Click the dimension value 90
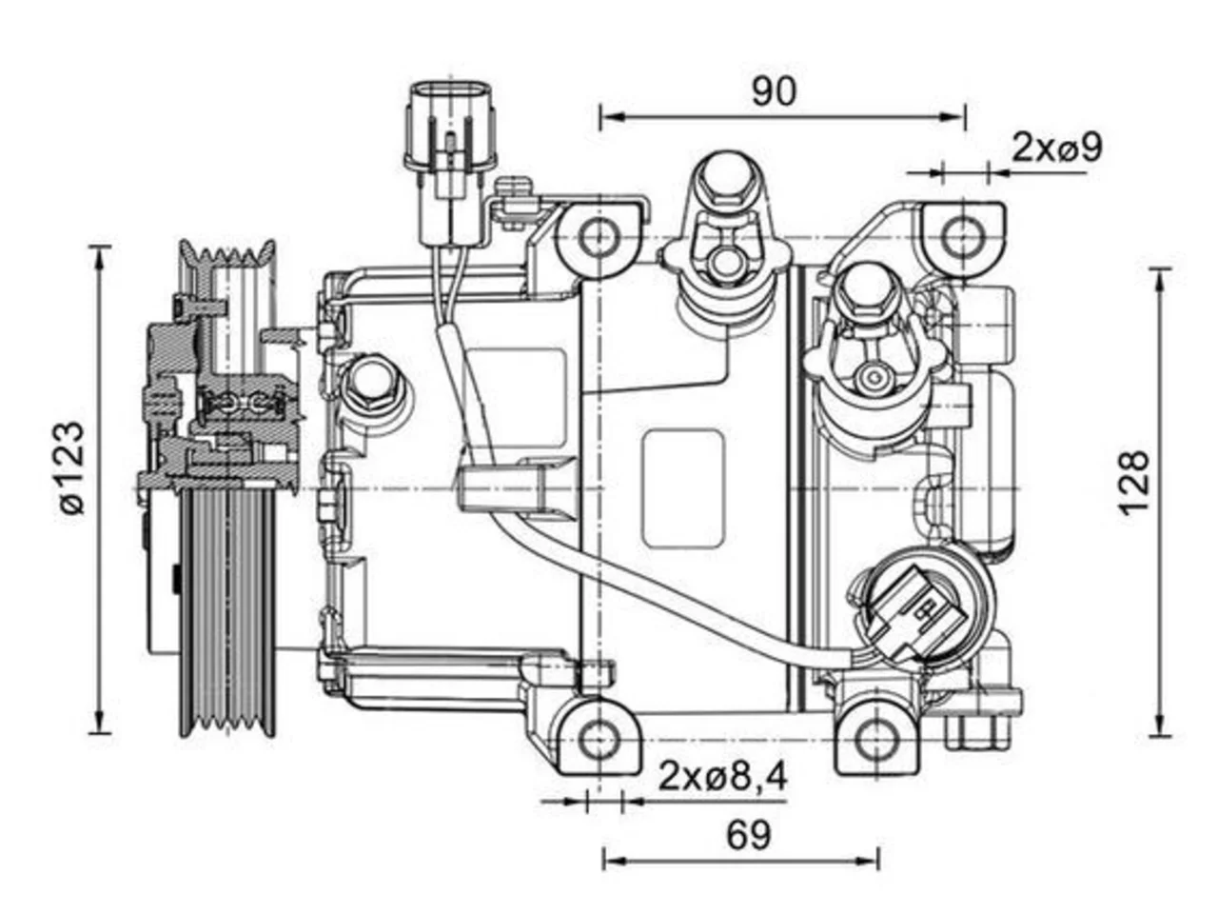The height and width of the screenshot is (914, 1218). (774, 91)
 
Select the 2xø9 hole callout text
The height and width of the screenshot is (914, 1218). (1057, 148)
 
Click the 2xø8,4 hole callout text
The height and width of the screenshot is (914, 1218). (722, 776)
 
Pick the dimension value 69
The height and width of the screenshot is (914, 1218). (749, 835)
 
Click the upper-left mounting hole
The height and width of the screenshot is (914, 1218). (599, 238)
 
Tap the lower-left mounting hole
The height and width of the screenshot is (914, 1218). (599, 740)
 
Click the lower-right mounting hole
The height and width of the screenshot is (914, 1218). (876, 740)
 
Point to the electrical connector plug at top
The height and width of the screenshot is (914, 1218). (449, 161)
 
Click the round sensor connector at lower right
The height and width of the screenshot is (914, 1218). (923, 607)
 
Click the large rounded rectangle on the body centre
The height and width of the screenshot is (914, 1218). (683, 488)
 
